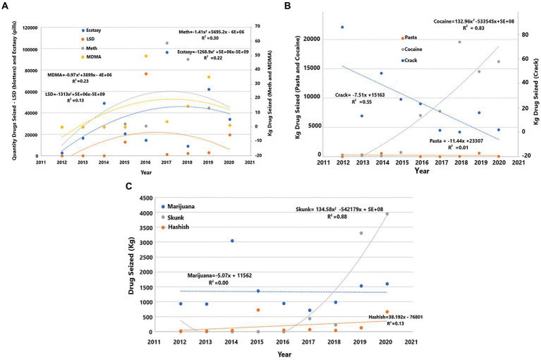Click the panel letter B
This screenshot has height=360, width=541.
pyautogui.click(x=288, y=6)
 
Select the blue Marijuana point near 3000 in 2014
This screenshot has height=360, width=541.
pyautogui.click(x=232, y=241)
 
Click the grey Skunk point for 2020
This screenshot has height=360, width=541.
pyautogui.click(x=387, y=214)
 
